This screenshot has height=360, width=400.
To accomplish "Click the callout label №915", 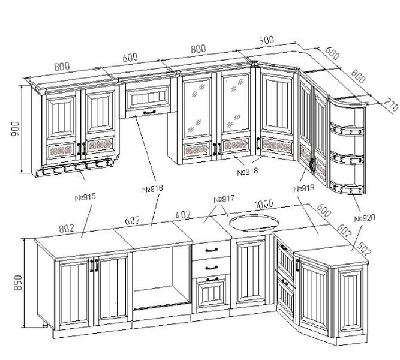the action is pos(85,197).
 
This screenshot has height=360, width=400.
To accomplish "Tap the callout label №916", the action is pos(152,189).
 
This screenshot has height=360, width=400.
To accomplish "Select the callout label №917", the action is pos(224,199).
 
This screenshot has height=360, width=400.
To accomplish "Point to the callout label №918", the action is pos(248,172).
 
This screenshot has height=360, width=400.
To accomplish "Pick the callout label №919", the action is pos(304,188).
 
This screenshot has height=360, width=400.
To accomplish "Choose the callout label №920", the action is pos(365,218).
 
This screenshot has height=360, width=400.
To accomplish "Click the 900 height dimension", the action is pos(16,129).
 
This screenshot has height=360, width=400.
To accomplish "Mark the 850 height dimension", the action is pos(18,283).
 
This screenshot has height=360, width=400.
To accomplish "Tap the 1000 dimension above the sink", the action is pos(264,204).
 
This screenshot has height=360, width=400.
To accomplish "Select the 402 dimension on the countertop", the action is pos(183,214).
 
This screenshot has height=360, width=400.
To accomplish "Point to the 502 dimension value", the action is pos(363,248).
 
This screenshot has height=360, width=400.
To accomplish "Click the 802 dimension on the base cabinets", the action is pos(67,228).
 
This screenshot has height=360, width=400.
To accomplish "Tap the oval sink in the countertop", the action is pos(254,223).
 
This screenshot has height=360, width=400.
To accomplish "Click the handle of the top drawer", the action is pos(212,250).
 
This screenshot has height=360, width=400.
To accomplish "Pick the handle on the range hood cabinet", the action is pos(149,112).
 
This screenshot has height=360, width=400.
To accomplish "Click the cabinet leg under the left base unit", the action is pos(45,324).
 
